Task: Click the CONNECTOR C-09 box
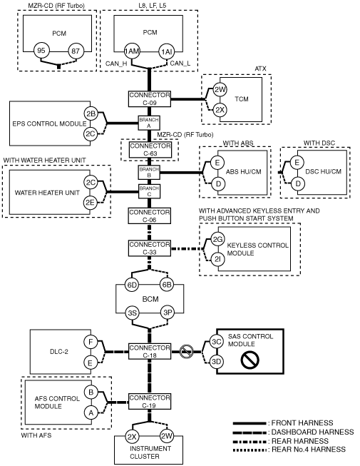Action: pos(150,98)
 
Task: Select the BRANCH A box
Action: pos(149,123)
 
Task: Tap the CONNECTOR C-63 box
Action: pos(150,149)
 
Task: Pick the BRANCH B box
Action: pos(149,173)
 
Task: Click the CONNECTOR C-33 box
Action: pos(150,248)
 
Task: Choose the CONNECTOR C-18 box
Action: pos(150,351)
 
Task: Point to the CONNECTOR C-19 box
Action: pos(150,402)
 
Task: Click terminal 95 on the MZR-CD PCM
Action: pos(41,51)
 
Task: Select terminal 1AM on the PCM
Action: pos(132,51)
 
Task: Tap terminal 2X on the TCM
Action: pos(220,110)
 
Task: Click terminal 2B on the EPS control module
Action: pos(91,113)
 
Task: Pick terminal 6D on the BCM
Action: pos(132,285)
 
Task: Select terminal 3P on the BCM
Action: pos(168,313)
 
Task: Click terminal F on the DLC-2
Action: pos(91,342)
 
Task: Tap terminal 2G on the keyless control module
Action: pos(217,240)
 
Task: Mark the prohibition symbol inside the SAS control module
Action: pos(250,360)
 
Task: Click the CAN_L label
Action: pos(180,64)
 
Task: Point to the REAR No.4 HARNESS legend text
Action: pos(309,450)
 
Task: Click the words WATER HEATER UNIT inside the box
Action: pos(47,193)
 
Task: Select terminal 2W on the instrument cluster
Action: pos(167,436)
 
